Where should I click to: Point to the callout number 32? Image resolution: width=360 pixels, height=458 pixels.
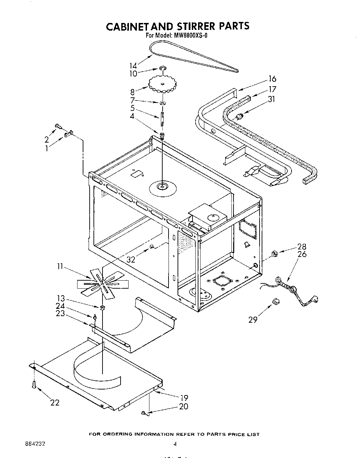point(131,259)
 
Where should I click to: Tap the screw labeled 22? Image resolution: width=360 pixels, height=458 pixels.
point(34,385)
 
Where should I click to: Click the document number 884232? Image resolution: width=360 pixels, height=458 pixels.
point(35,444)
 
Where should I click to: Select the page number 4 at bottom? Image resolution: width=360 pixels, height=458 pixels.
point(175,444)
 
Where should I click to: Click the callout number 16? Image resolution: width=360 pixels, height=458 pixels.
point(272,79)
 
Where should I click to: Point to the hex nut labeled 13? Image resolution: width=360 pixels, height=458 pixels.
point(102,307)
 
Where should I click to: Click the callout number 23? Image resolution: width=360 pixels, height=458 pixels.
point(60,313)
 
